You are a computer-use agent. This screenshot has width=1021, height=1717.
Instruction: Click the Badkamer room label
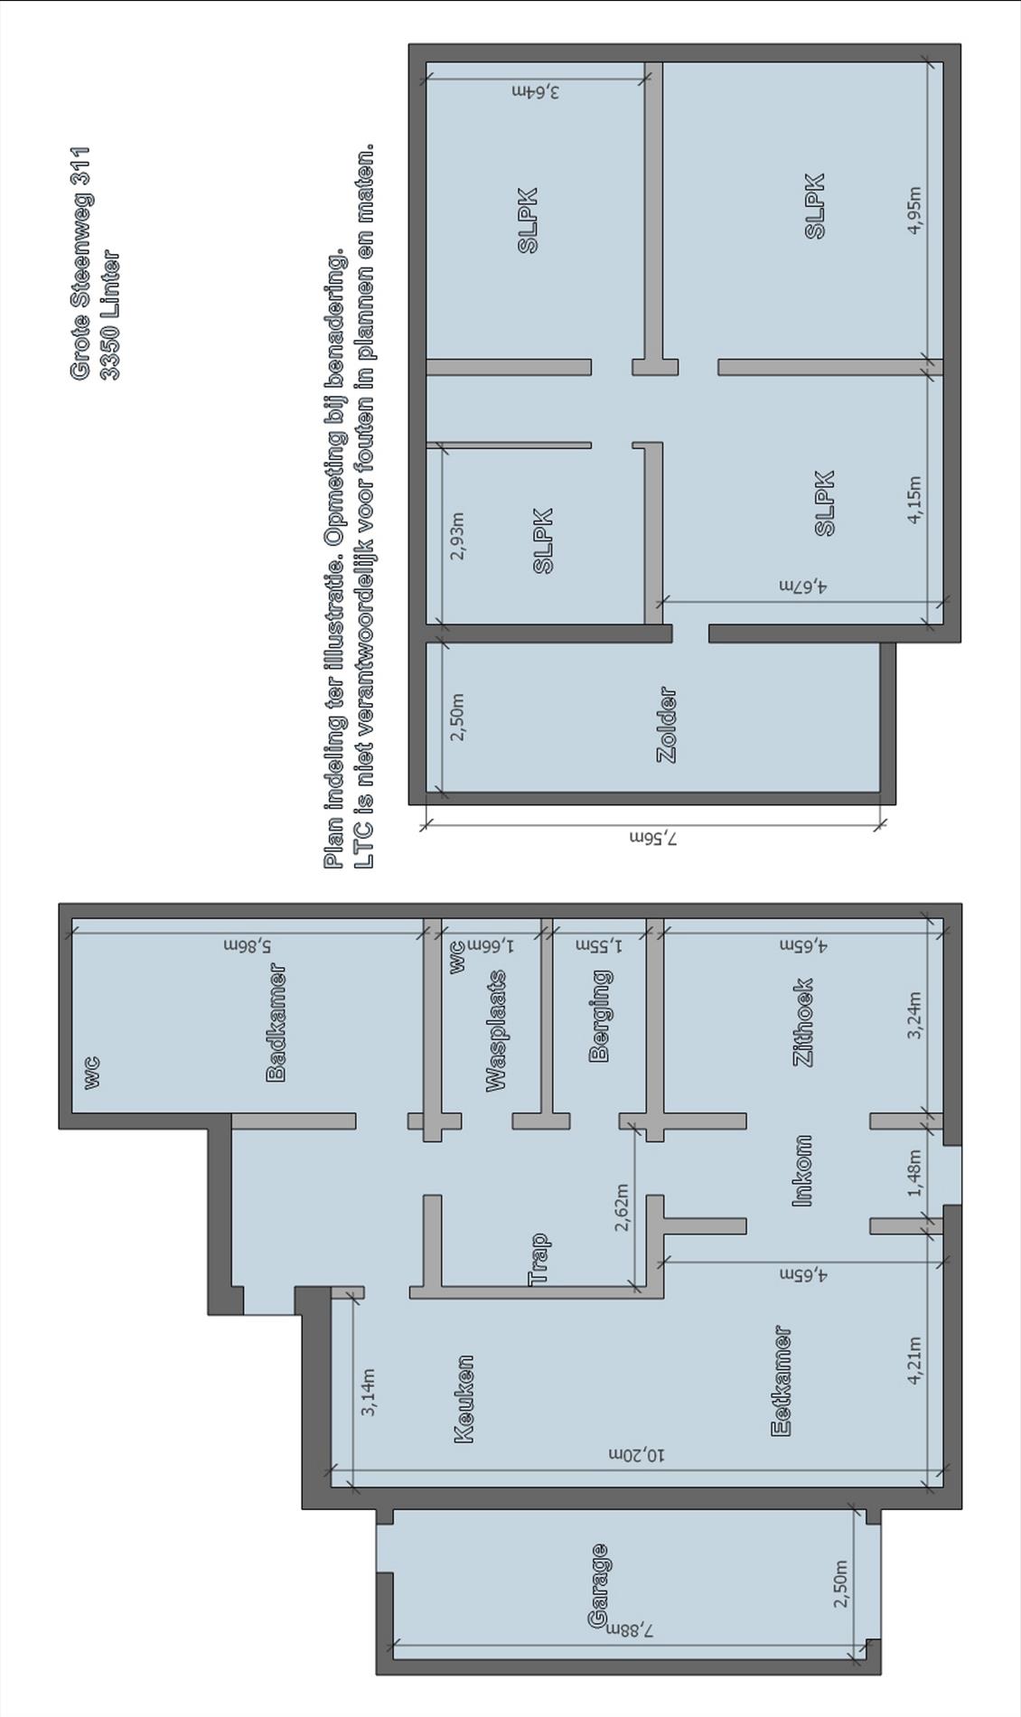point(276,1022)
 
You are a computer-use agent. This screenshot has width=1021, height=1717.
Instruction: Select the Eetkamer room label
point(782,1380)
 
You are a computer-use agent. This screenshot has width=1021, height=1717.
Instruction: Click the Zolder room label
point(667,726)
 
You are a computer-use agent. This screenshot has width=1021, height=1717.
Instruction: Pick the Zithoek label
point(803,1022)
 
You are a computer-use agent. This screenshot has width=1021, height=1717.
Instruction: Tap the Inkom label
point(802,1170)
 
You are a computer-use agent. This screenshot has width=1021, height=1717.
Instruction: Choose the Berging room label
point(599,1016)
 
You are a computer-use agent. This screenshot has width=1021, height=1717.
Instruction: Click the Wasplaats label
point(496,1030)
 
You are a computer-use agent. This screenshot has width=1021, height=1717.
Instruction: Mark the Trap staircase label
point(539,1259)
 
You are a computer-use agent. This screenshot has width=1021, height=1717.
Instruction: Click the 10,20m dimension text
point(636,1454)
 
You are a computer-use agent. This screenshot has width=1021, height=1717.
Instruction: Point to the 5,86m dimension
point(248,945)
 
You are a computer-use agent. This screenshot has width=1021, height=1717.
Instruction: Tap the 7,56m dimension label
point(653,838)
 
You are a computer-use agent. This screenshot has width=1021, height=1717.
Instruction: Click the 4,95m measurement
point(914,210)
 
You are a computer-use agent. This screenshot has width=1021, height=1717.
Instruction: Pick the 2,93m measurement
point(457,536)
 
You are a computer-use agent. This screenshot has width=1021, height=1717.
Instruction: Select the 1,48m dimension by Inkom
point(914,1173)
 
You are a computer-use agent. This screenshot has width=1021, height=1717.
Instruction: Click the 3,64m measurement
point(535,90)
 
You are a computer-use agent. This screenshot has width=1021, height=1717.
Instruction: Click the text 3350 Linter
point(109,315)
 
